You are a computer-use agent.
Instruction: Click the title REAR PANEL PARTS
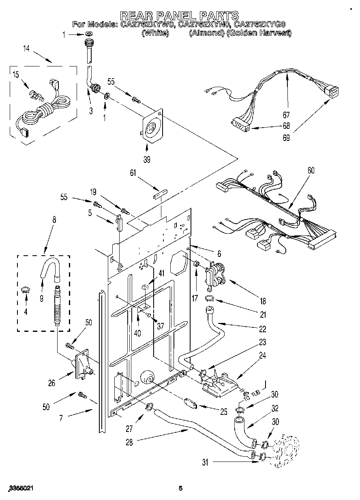180,15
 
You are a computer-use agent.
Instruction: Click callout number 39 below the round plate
147,159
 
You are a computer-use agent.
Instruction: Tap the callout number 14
26,49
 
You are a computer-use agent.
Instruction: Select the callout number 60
311,170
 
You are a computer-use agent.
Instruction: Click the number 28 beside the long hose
129,442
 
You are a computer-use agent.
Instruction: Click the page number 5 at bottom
180,489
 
